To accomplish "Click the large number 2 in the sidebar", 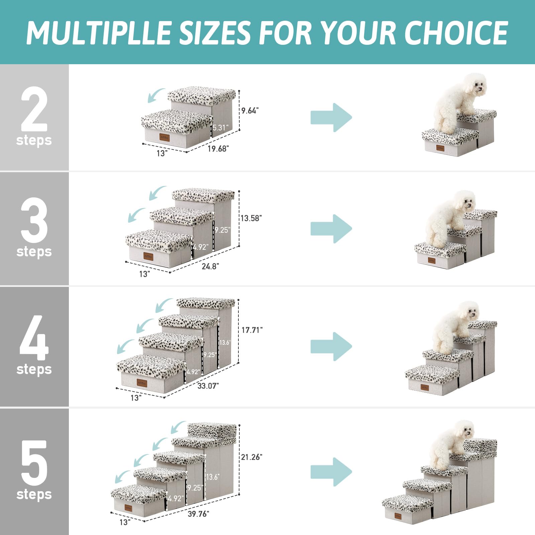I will tap(34, 109).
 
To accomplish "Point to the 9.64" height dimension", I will tap(250, 111).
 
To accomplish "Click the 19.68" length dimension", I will tap(218, 149).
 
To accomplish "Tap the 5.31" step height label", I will tap(220, 127).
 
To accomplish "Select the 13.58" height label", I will tap(251, 218).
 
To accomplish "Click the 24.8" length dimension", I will tap(210, 266).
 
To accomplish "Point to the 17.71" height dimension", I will tap(252, 330).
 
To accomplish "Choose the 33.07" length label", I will tap(208, 386).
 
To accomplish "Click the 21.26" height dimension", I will tap(251, 457).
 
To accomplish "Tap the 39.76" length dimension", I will tap(198, 514).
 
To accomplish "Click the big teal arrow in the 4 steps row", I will tap(331, 346).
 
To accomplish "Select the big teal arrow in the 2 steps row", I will tap(331, 117).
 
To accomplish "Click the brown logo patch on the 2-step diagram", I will tap(164, 137).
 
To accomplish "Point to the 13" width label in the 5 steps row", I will tap(125, 522).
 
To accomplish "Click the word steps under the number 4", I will tap(34, 369).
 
